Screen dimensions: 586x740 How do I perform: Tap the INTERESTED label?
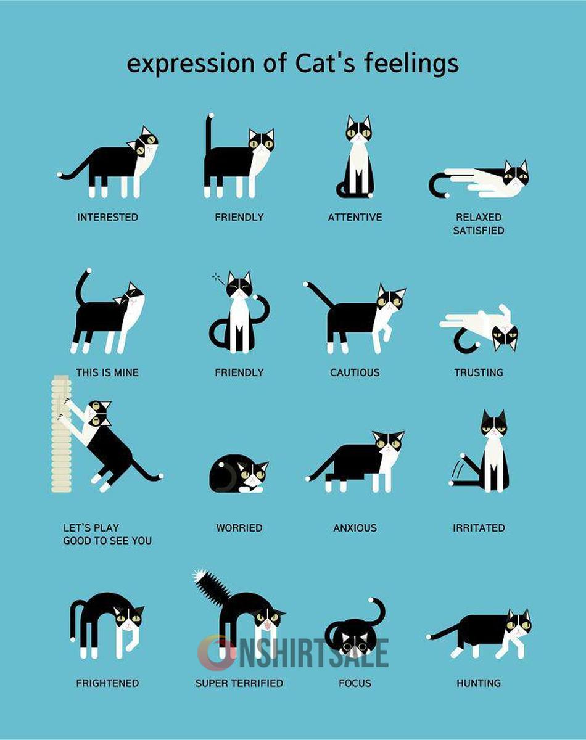tap(108, 217)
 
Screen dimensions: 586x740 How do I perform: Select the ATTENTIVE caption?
tap(355, 217)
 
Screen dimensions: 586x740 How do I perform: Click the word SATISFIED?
tap(479, 231)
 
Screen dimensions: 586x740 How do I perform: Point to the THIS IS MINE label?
tap(107, 372)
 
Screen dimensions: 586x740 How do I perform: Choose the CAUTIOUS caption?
tap(355, 372)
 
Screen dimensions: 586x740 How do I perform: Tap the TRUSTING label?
tap(479, 372)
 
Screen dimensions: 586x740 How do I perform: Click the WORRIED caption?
tap(239, 528)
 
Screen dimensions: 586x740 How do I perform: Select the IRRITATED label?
tap(479, 528)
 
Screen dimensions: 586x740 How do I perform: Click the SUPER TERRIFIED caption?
tap(239, 683)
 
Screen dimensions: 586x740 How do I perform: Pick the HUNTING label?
tap(479, 683)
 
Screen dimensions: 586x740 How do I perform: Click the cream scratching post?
tap(61, 434)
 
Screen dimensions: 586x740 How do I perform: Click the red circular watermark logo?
tap(217, 653)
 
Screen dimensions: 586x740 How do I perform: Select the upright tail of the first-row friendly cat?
tap(208, 133)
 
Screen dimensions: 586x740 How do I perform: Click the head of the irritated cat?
tap(493, 425)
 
